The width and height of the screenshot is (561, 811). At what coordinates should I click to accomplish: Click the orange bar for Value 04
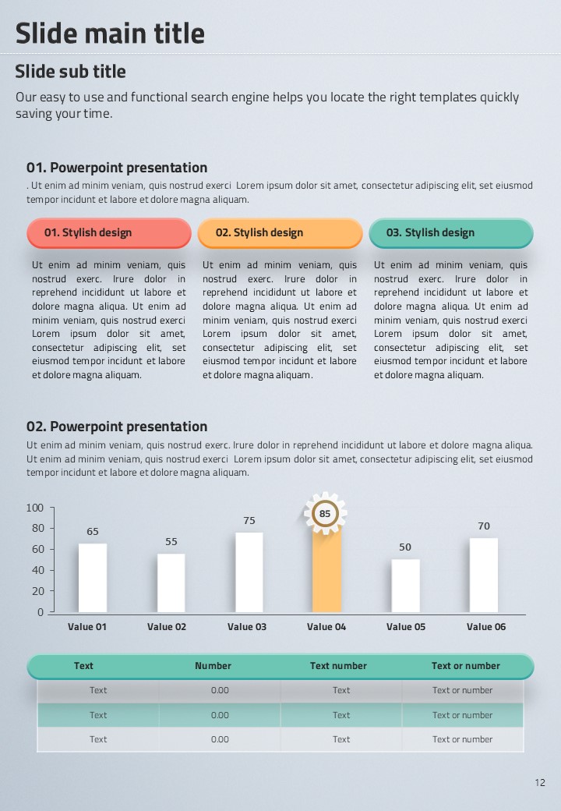pyautogui.click(x=326, y=572)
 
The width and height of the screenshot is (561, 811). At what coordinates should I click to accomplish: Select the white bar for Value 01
pyautogui.click(x=93, y=578)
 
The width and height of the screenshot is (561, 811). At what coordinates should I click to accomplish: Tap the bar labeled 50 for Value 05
pyautogui.click(x=405, y=586)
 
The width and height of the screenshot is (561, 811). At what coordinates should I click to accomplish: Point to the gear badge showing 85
pyautogui.click(x=325, y=514)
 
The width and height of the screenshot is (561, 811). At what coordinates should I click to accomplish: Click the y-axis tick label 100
pyautogui.click(x=35, y=508)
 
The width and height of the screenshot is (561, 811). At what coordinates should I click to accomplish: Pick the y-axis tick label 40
pyautogui.click(x=37, y=571)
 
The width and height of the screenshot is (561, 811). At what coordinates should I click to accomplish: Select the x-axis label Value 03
pyautogui.click(x=247, y=627)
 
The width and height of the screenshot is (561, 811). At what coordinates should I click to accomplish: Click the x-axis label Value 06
pyautogui.click(x=486, y=627)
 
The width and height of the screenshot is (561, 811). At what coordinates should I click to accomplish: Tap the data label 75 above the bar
pyautogui.click(x=249, y=521)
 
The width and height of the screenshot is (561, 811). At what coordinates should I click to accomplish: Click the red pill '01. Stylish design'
pyautogui.click(x=109, y=232)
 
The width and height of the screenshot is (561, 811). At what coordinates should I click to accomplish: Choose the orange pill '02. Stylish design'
pyautogui.click(x=280, y=232)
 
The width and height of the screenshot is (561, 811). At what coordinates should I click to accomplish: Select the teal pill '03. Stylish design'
pyautogui.click(x=450, y=232)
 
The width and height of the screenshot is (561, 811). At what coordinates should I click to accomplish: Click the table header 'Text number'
pyautogui.click(x=338, y=666)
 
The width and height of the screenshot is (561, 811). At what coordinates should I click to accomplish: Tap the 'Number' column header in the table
pyautogui.click(x=213, y=666)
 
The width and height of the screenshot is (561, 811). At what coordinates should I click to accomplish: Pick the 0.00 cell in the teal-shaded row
pyautogui.click(x=220, y=715)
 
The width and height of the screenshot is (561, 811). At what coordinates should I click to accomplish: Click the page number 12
pyautogui.click(x=540, y=783)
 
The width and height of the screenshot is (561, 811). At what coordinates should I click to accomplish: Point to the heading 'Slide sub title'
pyautogui.click(x=70, y=72)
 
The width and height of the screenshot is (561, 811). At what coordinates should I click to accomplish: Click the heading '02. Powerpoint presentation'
pyautogui.click(x=117, y=427)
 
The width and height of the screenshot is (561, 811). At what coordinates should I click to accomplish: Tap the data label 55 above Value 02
pyautogui.click(x=171, y=542)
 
